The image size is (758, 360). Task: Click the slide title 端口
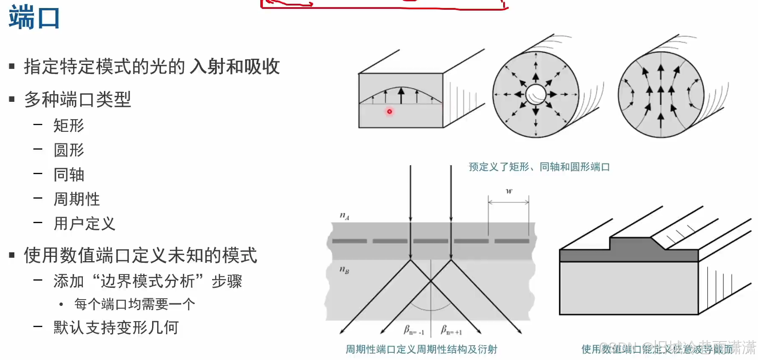tap(34, 18)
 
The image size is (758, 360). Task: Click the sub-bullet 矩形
tap(68, 125)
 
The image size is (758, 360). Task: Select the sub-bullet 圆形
tap(68, 150)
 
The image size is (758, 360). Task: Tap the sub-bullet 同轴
tap(68, 175)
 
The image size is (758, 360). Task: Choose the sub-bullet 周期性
tap(76, 199)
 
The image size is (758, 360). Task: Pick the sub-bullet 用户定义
tap(84, 224)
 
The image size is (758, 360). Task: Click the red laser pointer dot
tap(390, 112)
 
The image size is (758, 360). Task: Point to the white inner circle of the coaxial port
tap(536, 94)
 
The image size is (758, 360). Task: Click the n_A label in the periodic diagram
tap(344, 216)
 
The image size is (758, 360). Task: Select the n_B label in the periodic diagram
tap(344, 269)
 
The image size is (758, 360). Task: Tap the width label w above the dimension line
tap(509, 191)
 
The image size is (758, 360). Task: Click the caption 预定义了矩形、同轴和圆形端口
tap(539, 167)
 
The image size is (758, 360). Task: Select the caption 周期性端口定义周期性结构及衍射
tap(421, 349)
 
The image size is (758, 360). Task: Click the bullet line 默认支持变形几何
tap(116, 327)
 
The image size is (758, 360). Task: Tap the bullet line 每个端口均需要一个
tap(134, 304)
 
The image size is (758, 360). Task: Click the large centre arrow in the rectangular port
tap(401, 95)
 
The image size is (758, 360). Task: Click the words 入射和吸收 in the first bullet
tap(235, 67)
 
